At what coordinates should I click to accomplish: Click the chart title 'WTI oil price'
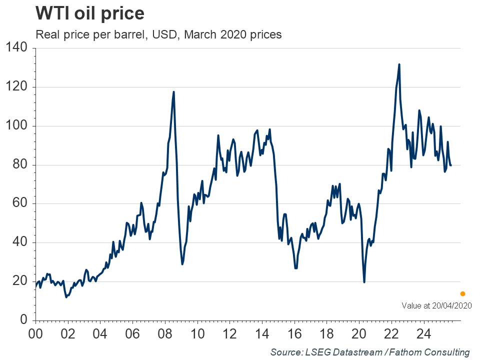(x=89, y=13)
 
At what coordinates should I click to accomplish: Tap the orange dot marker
(x=462, y=293)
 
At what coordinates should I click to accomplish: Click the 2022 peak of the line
(x=399, y=64)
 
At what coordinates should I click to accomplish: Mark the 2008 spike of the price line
(x=173, y=92)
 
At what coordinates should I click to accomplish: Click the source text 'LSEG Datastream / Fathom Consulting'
(x=370, y=352)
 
